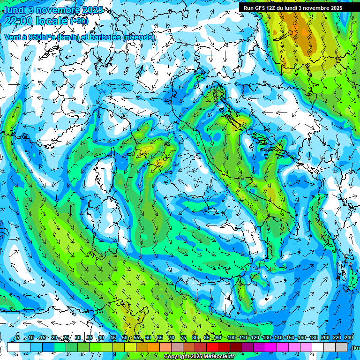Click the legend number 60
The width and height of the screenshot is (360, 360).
click(x=148, y=338)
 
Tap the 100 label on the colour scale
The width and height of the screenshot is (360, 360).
click(x=231, y=338)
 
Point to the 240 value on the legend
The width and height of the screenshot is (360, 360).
click(x=349, y=338)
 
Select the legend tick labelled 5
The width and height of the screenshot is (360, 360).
click(x=18, y=338)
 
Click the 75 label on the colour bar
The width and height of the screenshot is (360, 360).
click(x=183, y=338)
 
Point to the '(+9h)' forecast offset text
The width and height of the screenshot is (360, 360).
click(x=79, y=21)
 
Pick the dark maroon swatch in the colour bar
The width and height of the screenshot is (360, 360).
click(x=236, y=347)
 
